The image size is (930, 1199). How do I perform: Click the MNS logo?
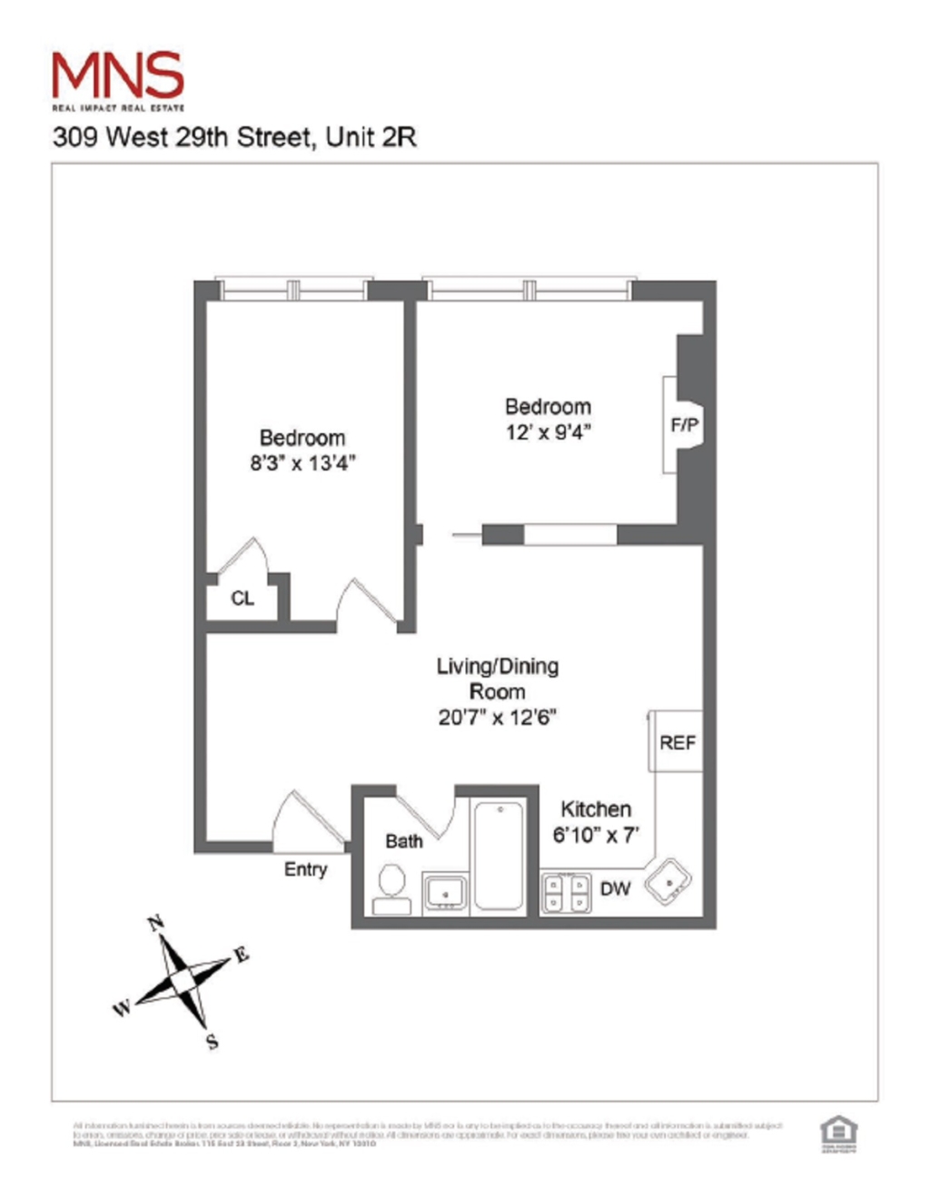(x=118, y=78)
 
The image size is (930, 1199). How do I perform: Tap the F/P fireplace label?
(x=685, y=424)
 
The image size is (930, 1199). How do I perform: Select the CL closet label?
(x=242, y=598)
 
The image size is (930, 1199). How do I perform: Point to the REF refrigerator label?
(x=678, y=742)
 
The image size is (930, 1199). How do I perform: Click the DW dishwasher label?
(x=615, y=888)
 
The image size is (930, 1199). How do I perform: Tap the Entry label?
(x=305, y=869)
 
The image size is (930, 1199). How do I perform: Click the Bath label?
(x=403, y=841)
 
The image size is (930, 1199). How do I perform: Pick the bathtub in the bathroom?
(x=499, y=855)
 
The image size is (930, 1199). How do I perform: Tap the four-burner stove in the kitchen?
(x=566, y=892)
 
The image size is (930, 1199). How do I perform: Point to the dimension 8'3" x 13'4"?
(x=302, y=463)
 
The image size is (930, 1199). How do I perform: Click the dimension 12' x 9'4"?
(x=548, y=431)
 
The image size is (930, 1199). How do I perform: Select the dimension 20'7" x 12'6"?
(x=497, y=717)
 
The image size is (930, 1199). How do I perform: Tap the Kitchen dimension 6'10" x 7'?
(x=596, y=835)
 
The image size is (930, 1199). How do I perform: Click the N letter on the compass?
(x=156, y=924)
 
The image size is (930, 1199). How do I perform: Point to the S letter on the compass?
(x=213, y=1041)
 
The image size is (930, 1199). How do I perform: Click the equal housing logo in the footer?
(x=838, y=1132)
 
